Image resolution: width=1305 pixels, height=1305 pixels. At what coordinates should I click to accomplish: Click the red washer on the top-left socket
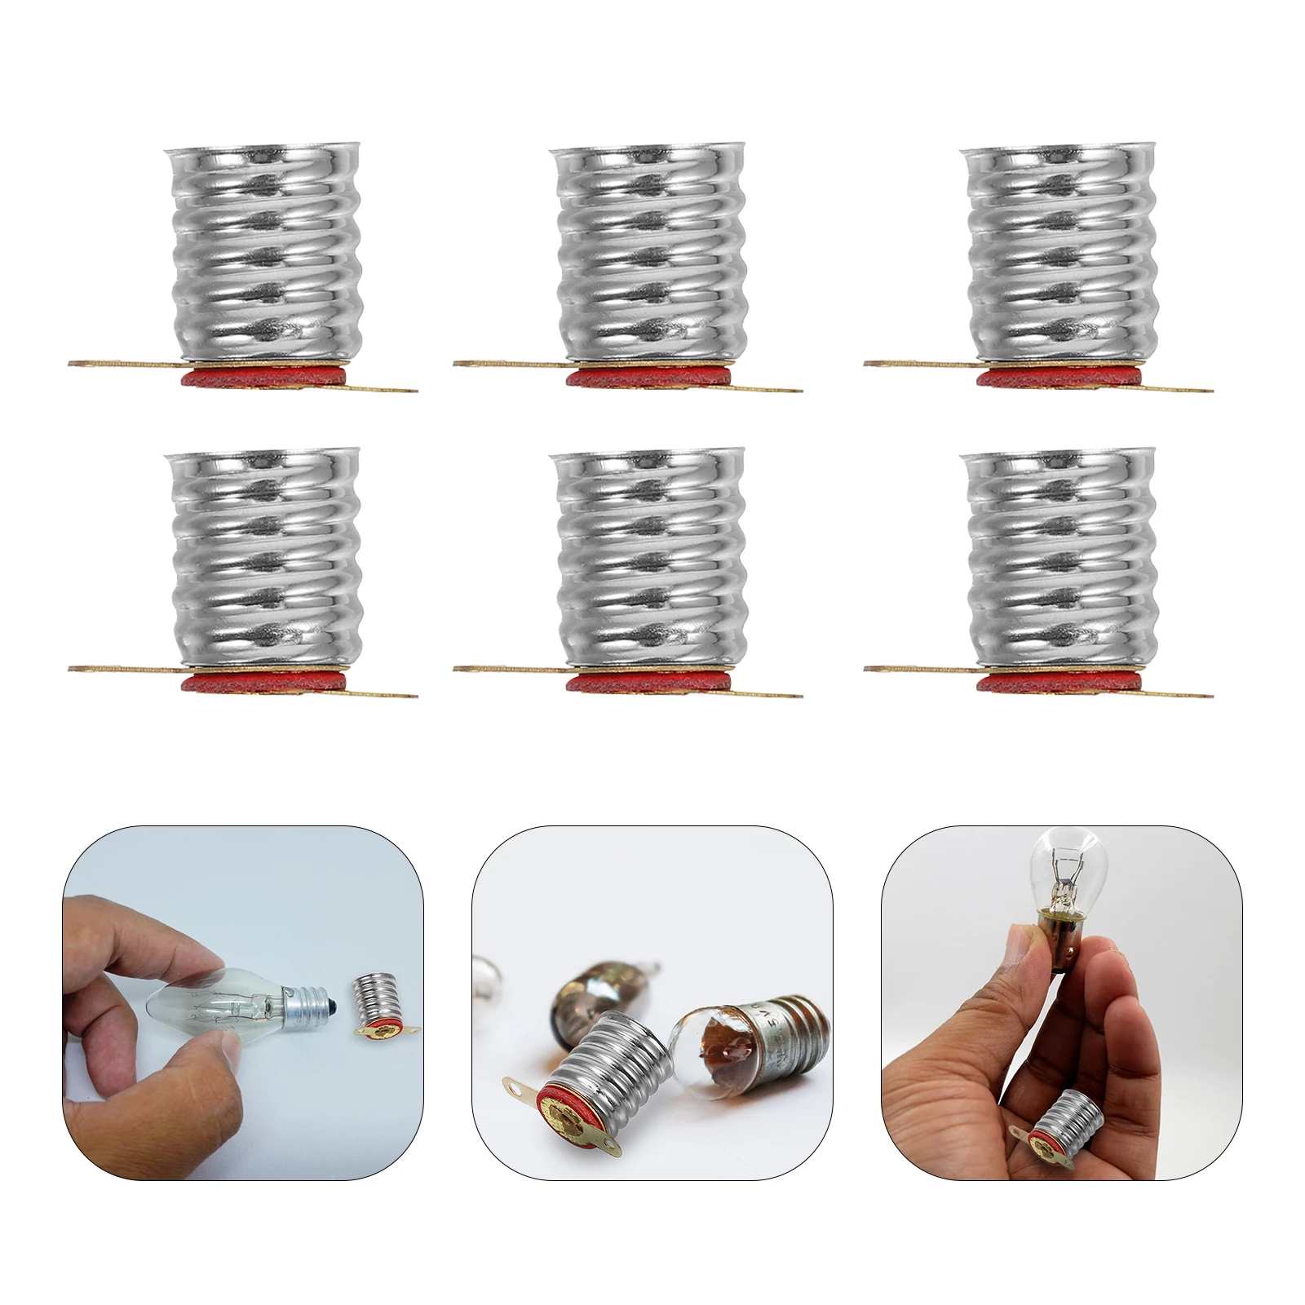(x=263, y=377)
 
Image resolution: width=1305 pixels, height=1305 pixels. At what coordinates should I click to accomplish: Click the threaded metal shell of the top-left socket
(x=263, y=253)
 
